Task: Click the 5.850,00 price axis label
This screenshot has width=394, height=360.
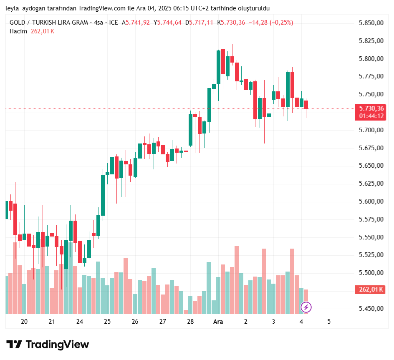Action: (x=371, y=23)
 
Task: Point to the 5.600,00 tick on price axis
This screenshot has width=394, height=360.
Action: (x=371, y=201)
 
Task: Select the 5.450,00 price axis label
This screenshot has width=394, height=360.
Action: (x=371, y=309)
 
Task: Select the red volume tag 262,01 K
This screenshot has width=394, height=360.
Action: (x=369, y=290)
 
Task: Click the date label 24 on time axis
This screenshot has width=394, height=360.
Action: (x=80, y=322)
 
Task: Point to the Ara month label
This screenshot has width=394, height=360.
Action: (x=218, y=322)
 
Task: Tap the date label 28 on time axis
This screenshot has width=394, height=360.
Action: (x=190, y=322)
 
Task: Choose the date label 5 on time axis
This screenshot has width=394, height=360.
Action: (x=329, y=322)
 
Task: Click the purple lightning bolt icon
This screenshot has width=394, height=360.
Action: (x=306, y=307)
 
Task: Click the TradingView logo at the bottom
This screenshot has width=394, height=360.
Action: (x=48, y=345)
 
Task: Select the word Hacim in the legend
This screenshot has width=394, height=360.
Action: (x=18, y=31)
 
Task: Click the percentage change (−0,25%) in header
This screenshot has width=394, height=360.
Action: (x=281, y=23)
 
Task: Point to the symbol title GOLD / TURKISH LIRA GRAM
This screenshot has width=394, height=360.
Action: (x=49, y=23)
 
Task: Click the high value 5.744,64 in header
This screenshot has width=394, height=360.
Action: (x=169, y=23)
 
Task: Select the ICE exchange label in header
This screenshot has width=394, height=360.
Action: (x=113, y=23)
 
